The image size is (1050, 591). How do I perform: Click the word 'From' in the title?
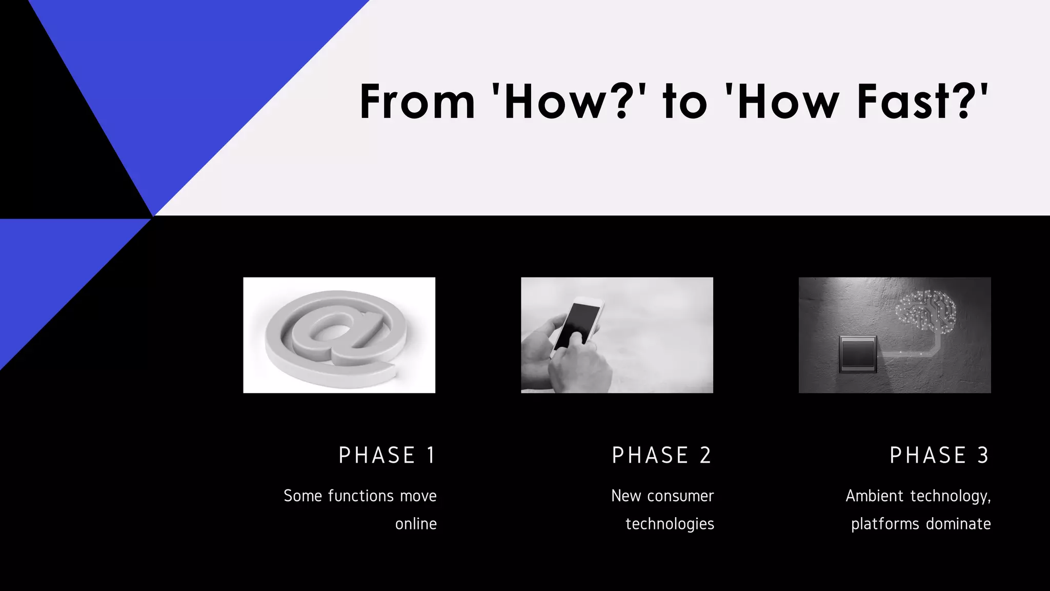tap(417, 102)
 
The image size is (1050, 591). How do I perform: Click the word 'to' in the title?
tap(685, 102)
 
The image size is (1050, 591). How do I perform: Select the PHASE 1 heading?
tap(387, 456)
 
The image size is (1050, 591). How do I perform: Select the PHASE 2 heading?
tap(662, 456)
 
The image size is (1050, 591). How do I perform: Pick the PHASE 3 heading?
tap(939, 456)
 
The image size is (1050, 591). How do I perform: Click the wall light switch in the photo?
tap(858, 354)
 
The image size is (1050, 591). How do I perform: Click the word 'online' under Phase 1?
tap(416, 524)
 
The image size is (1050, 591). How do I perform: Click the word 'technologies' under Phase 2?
tap(670, 524)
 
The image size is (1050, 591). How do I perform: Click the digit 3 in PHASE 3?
tap(983, 456)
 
